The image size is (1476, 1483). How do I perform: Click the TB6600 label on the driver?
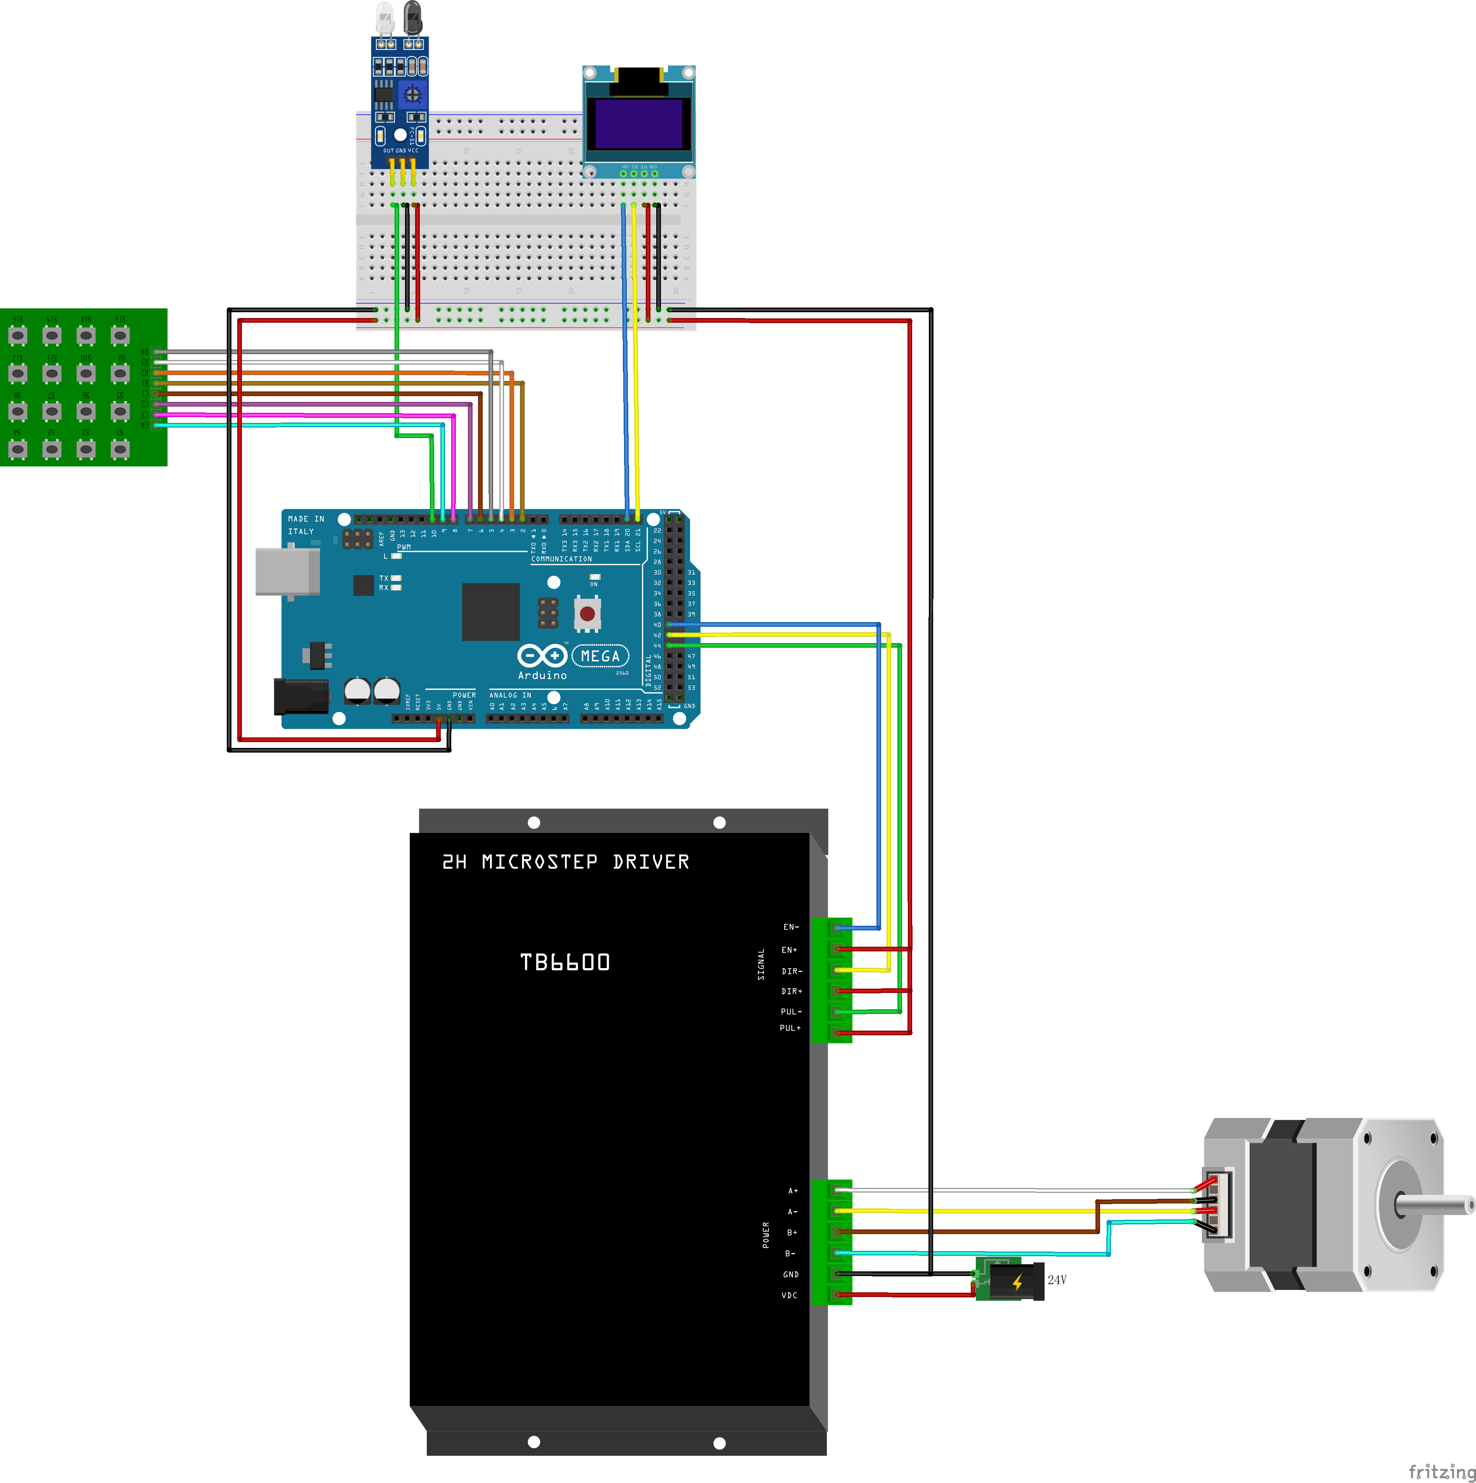coord(565,962)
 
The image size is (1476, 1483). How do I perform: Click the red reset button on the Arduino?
coord(587,613)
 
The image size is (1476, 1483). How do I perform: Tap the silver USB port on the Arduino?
coord(287,571)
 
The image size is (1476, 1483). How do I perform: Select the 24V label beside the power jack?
coord(1057,1280)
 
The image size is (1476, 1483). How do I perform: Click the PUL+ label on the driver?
coord(790,1028)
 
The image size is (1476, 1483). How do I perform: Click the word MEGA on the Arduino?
coord(600,656)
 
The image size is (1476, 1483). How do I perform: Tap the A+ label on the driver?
coord(793,1191)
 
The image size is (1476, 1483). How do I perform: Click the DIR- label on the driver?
coord(791,971)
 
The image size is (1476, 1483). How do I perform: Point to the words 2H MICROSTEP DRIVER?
coord(566,862)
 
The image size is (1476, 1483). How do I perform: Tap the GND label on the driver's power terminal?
coord(791,1274)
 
